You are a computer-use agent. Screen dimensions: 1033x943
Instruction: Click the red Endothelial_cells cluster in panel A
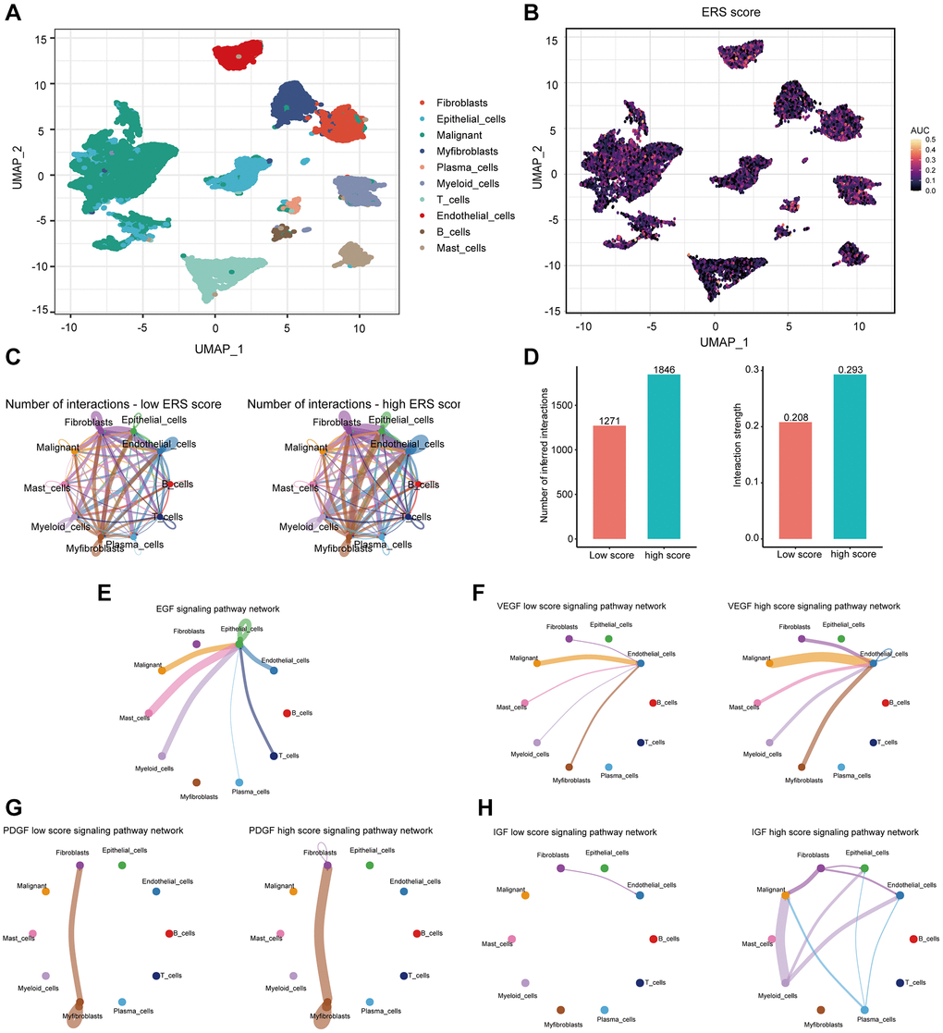pyautogui.click(x=239, y=55)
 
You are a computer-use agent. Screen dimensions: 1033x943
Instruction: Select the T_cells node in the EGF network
pyautogui.click(x=273, y=756)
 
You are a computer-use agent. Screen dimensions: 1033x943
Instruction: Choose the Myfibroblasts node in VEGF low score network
pyautogui.click(x=569, y=766)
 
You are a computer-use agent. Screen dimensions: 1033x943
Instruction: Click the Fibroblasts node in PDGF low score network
pyautogui.click(x=80, y=864)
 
